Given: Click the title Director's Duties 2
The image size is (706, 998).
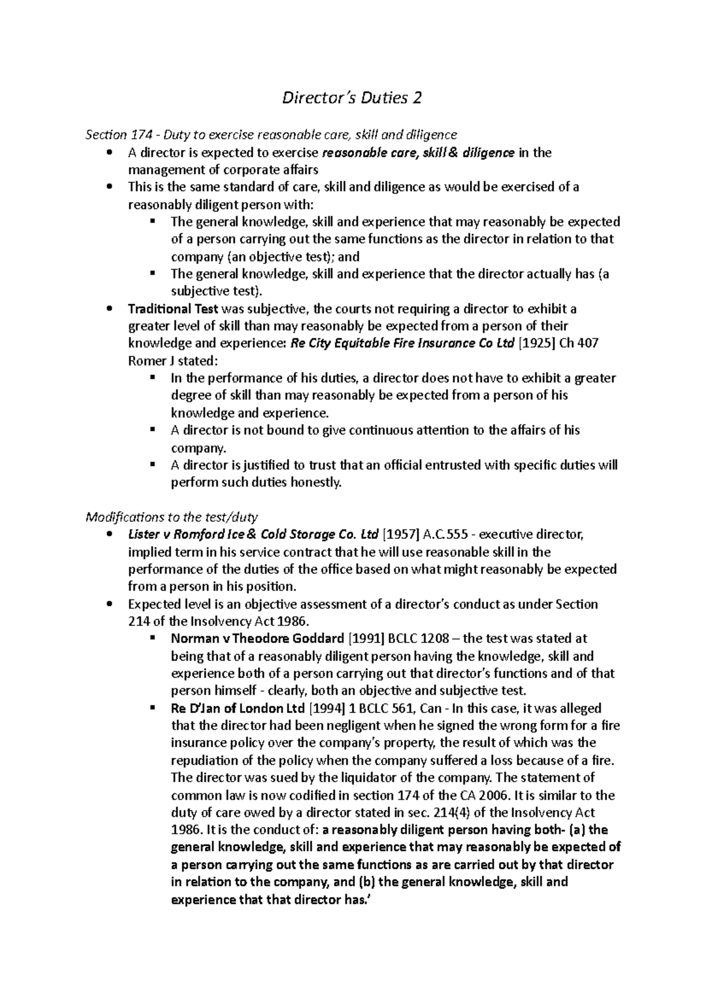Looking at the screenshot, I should click(x=352, y=98).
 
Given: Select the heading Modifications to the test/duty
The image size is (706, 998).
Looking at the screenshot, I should click(x=172, y=517).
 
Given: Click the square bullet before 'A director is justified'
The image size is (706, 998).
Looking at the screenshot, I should click(x=153, y=464).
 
